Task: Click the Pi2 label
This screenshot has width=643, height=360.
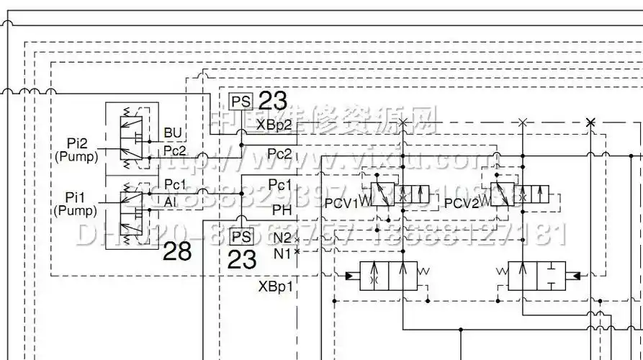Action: coord(76,143)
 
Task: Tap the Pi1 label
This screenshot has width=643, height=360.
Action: coord(76,197)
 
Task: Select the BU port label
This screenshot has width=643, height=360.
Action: coord(173,132)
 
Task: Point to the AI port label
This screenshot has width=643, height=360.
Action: coord(170,202)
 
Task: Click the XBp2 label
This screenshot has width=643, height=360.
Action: coord(274,125)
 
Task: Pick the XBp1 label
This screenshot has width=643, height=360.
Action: coord(276,286)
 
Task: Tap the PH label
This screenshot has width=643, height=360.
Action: coord(282,210)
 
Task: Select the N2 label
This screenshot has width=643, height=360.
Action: coord(282,238)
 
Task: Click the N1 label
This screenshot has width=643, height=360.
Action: coord(282,252)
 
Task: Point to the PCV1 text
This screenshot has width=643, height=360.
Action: coord(341,204)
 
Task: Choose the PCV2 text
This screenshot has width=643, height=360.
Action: coord(462,204)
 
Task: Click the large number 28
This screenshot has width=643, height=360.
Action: coord(177,251)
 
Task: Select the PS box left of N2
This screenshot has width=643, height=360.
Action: coord(241,236)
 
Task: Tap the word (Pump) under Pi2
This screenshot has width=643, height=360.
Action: coord(76,156)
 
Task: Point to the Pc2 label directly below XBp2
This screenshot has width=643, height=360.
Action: coord(279,153)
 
